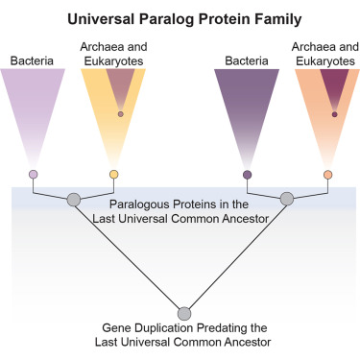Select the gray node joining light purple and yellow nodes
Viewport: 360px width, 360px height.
coord(72,199)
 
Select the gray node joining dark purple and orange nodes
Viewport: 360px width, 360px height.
coord(286,199)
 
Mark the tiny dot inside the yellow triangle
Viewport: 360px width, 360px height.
coord(120,114)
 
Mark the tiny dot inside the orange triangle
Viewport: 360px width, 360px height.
coord(334,114)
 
